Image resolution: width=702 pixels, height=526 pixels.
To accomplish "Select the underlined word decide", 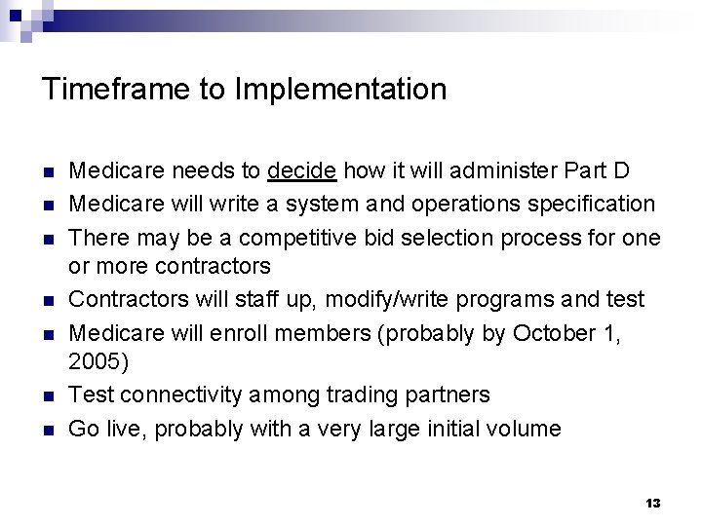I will coord(302,171).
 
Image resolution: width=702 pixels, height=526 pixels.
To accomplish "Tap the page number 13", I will coord(653,503).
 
